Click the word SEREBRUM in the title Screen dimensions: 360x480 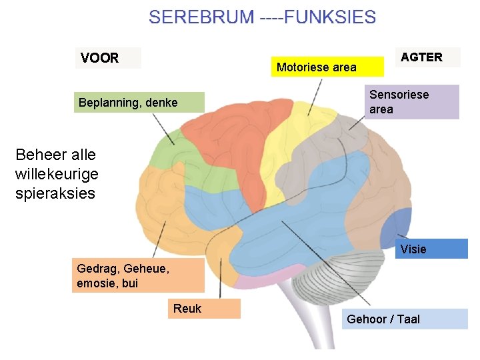click(201, 17)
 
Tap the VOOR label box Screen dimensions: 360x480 click(107, 58)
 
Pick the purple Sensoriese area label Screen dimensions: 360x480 click(411, 102)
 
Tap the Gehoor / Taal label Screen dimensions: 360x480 click(405, 319)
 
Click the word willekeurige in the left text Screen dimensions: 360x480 click(56, 174)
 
